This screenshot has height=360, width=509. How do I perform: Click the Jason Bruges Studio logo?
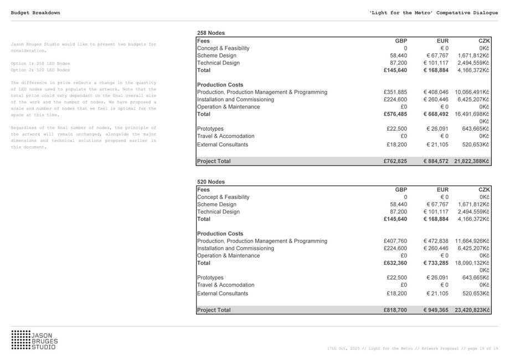point(34,340)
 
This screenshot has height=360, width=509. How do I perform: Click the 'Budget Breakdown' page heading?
point(35,12)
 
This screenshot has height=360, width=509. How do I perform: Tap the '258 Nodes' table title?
point(211,33)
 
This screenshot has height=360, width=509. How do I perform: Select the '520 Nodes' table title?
point(211,182)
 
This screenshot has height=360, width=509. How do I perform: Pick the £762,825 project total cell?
point(395,161)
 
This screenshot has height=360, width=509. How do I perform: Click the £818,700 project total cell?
point(395,310)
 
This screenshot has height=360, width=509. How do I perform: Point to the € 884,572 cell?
point(436,161)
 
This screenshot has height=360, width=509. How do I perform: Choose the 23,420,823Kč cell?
point(472,310)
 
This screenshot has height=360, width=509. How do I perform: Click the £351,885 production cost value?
point(395,92)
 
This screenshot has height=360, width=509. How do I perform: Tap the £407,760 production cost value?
point(395,241)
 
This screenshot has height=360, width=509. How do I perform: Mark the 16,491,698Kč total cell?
point(472,114)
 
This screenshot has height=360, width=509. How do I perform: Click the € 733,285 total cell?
point(436,263)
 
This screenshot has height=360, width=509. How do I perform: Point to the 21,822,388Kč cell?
point(472,161)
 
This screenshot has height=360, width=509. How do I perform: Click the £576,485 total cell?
point(395,114)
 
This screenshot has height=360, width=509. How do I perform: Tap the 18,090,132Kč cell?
point(472,263)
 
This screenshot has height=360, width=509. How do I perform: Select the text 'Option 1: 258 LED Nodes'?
point(40,64)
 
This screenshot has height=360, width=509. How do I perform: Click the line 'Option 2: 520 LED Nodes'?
point(40,70)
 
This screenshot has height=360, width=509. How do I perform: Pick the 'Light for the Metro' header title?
point(433,12)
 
